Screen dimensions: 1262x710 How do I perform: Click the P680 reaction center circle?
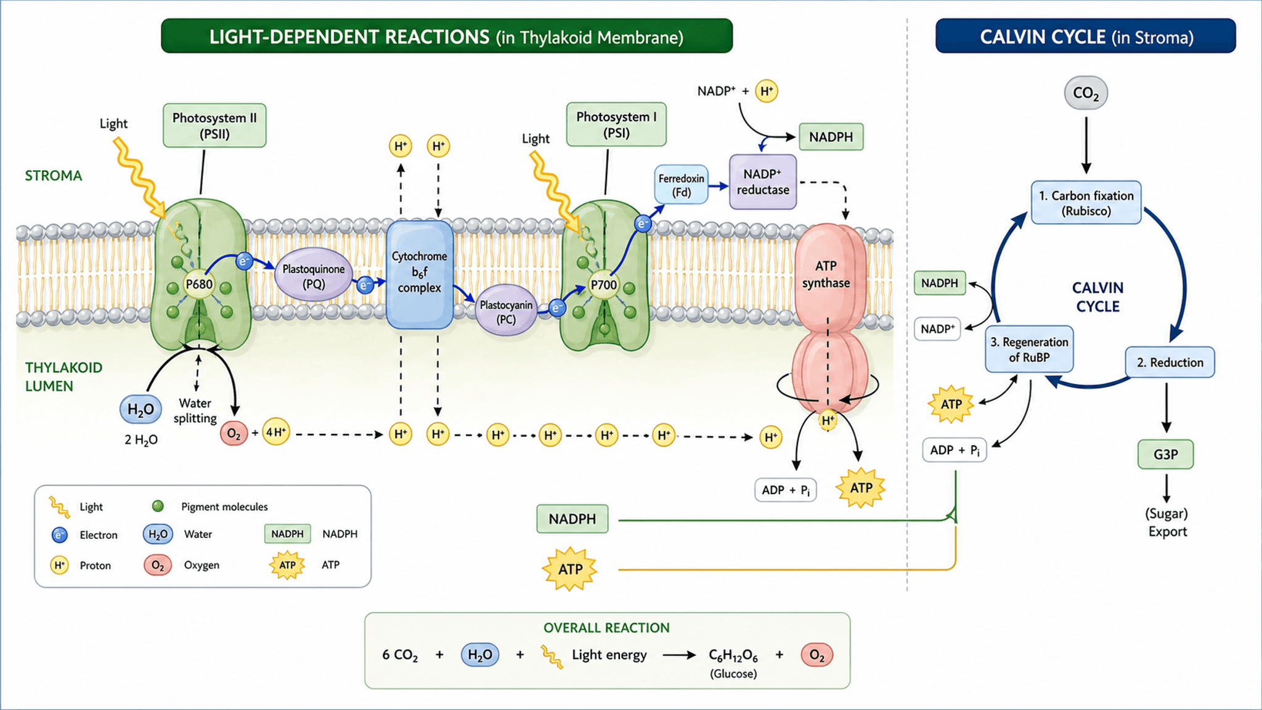pyautogui.click(x=199, y=284)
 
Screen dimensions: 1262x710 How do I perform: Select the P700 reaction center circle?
pyautogui.click(x=604, y=285)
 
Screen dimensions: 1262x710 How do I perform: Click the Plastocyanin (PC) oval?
pyautogui.click(x=506, y=311)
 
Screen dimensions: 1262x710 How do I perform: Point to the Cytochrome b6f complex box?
pyautogui.click(x=420, y=274)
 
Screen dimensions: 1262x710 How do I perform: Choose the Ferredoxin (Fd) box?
pyautogui.click(x=681, y=185)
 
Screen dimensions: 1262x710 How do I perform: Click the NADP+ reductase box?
pyautogui.click(x=763, y=182)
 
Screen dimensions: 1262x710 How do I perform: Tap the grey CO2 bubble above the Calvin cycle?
pyautogui.click(x=1086, y=93)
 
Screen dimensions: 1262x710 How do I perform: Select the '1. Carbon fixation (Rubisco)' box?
pyautogui.click(x=1086, y=203)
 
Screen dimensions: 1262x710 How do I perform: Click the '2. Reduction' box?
pyautogui.click(x=1170, y=362)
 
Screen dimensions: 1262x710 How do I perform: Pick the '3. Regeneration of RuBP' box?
pyautogui.click(x=1029, y=349)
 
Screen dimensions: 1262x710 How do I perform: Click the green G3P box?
pyautogui.click(x=1165, y=454)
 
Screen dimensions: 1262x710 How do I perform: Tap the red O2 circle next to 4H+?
pyautogui.click(x=234, y=433)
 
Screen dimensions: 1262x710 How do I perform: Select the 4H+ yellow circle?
pyautogui.click(x=276, y=432)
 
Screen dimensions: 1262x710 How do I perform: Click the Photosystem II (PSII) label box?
pyautogui.click(x=214, y=125)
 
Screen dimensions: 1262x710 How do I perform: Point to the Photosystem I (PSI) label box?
pyautogui.click(x=616, y=124)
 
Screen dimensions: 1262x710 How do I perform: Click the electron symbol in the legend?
pyautogui.click(x=59, y=535)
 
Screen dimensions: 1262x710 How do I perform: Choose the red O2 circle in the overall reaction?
pyautogui.click(x=817, y=655)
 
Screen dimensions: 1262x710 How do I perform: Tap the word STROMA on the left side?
pyautogui.click(x=54, y=176)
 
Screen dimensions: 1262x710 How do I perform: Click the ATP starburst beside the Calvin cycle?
pyautogui.click(x=951, y=404)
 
